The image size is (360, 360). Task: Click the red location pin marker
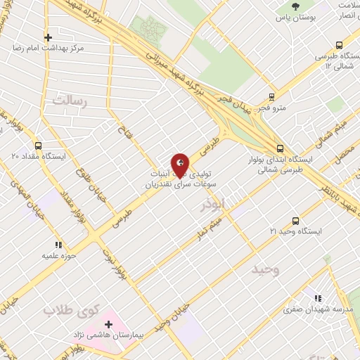pyautogui.click(x=180, y=165)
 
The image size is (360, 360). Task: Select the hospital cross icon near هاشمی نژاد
pyautogui.click(x=108, y=324)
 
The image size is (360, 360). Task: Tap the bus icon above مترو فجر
pyautogui.click(x=271, y=97)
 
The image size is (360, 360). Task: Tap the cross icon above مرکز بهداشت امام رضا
pyautogui.click(x=47, y=37)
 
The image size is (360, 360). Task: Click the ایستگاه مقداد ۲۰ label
pyautogui.click(x=39, y=156)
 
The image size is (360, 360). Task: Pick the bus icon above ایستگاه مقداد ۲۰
pyautogui.click(x=14, y=145)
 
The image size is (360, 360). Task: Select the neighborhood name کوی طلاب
pyautogui.click(x=69, y=310)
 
